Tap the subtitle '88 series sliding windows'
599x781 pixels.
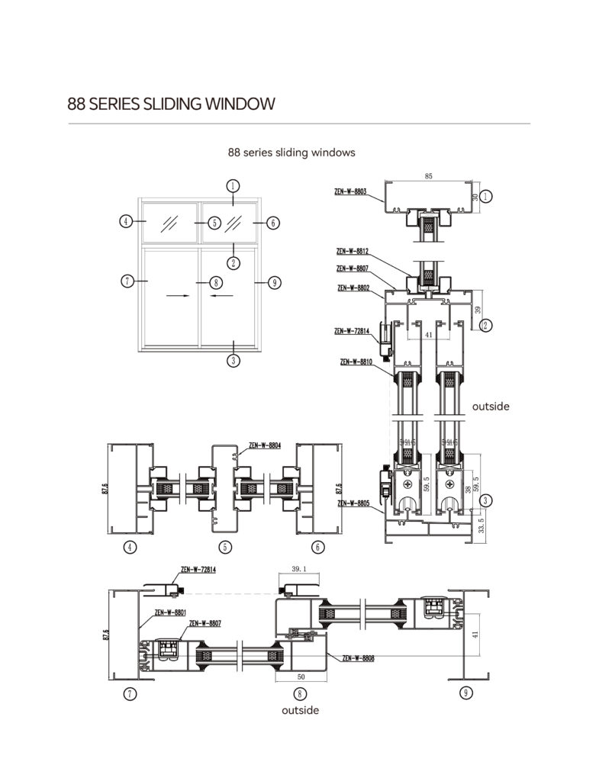coord(291,153)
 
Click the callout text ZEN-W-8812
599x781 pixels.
coord(353,250)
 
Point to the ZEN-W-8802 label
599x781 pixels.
coord(353,288)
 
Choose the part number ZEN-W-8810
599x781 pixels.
coord(356,362)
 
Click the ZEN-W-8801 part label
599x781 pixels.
coord(170,612)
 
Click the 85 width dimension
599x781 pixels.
coord(428,176)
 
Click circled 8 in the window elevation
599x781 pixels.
coord(215,282)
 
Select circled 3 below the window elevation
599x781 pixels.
coord(233,360)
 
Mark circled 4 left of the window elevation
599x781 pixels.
coord(127,222)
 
